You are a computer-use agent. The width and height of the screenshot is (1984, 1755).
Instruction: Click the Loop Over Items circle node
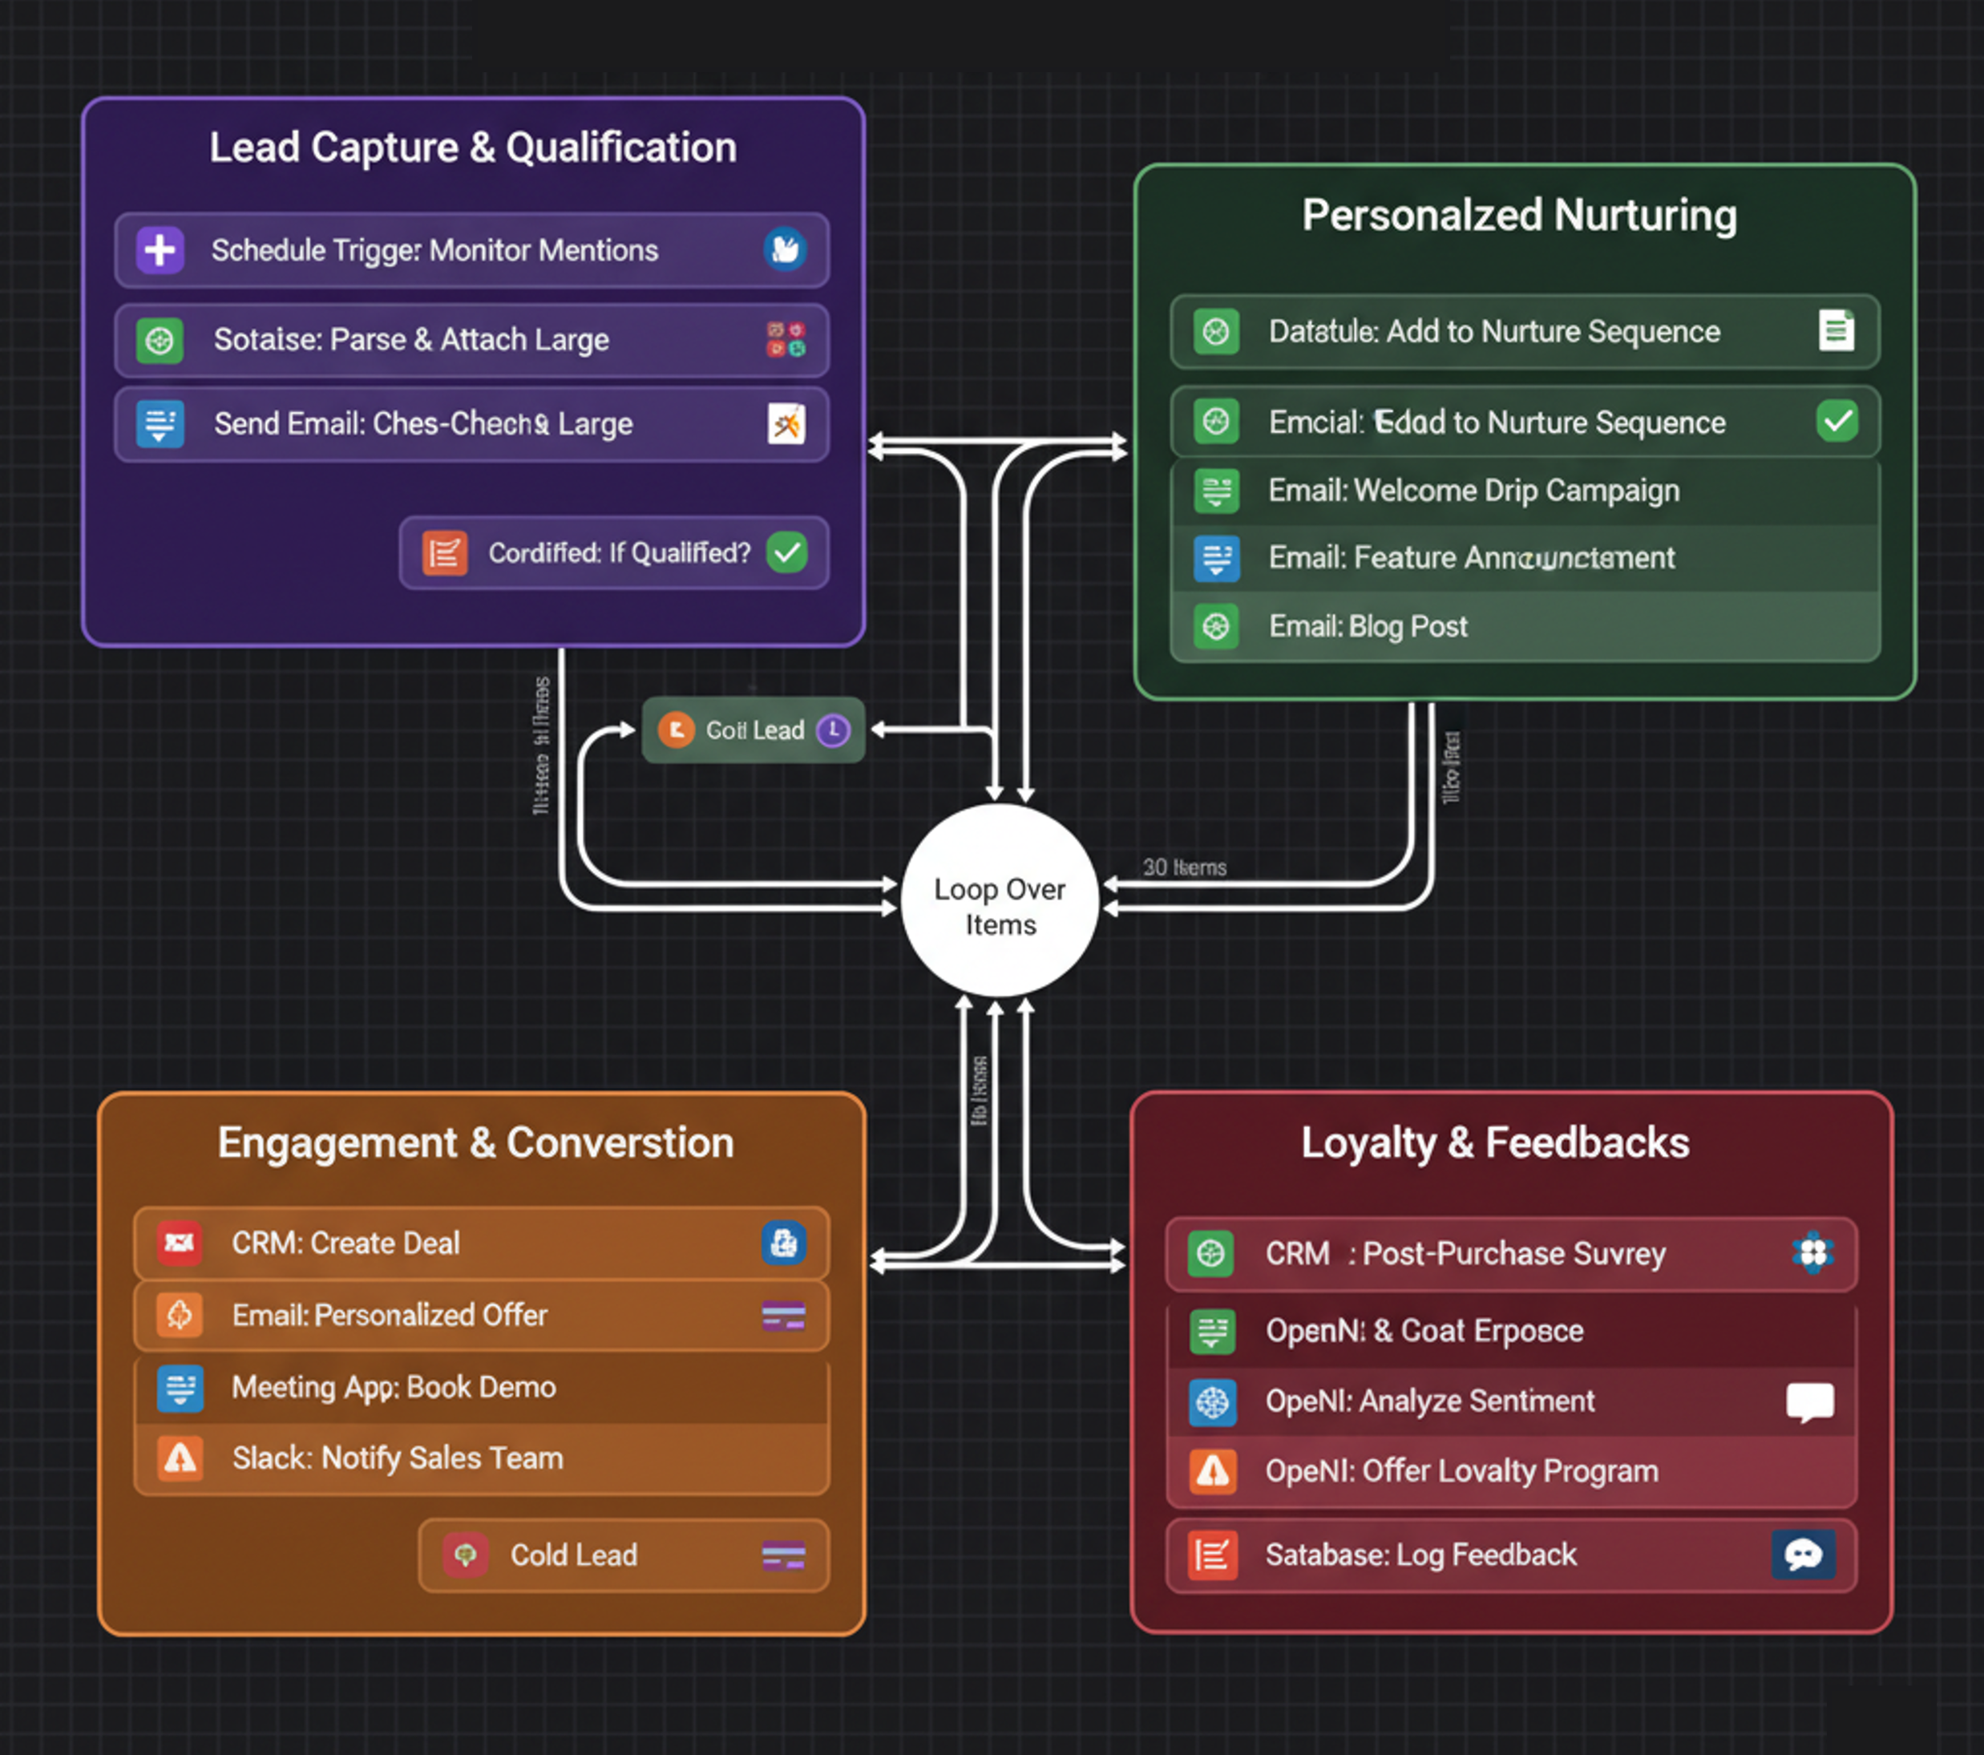1000,903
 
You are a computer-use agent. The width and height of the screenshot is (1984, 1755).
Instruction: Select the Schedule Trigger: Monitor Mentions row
471,250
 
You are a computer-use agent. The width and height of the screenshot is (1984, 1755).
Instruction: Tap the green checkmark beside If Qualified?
786,552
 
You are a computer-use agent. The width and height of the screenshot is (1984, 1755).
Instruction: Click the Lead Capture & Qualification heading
473,148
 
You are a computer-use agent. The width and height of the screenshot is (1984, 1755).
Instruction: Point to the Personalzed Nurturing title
1519,215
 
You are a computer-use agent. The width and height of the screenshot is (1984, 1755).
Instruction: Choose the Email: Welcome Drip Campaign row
1524,490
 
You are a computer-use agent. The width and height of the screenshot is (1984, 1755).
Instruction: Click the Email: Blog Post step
1524,626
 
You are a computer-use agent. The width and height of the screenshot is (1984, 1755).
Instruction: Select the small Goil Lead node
754,730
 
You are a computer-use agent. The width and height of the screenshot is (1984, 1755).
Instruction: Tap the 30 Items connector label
1184,867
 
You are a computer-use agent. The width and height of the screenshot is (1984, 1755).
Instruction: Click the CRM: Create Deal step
482,1243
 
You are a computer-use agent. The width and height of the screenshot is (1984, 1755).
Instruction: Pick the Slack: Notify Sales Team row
482,1458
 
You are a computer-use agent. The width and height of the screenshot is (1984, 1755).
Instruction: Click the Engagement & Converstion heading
475,1142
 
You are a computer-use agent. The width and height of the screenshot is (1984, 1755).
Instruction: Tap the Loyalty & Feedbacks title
1495,1142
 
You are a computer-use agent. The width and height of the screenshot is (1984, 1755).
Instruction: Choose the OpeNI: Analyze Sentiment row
1510,1401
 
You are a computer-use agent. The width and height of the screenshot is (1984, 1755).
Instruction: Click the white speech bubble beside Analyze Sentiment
1810,1401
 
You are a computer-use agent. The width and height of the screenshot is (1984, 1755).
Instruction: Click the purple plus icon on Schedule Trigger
160,250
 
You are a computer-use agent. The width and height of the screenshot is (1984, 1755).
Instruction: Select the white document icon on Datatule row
1836,331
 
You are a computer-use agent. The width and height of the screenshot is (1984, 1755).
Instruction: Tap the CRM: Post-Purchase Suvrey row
1510,1253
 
